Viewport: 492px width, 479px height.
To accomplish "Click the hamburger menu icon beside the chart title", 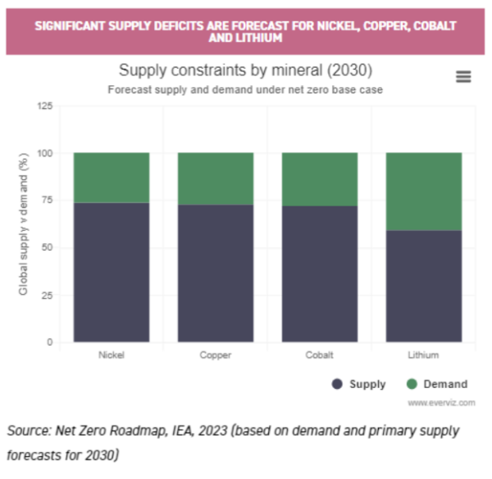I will point(463,76).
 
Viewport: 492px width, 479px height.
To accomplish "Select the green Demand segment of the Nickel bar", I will point(112,177).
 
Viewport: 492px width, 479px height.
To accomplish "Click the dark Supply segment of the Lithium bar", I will point(424,286).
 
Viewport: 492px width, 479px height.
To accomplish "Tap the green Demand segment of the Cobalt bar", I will point(320,178).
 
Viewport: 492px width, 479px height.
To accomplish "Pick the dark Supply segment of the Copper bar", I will point(216,273).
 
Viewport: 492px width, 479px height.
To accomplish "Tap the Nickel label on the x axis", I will point(112,355).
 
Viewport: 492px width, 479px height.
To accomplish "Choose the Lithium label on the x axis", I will point(424,355).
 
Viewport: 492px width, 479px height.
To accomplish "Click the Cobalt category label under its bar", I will point(320,355).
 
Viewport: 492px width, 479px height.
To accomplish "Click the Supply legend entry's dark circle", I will point(337,384).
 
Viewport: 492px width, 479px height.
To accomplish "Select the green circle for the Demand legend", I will point(412,384).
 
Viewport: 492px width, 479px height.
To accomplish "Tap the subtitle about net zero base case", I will point(245,89).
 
